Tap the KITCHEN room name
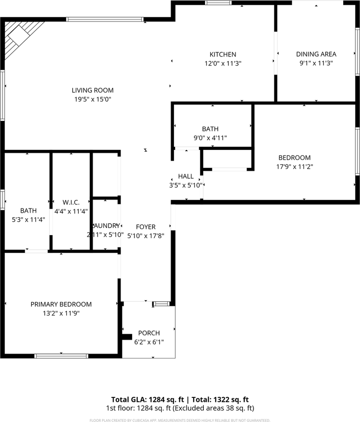[x=223, y=55]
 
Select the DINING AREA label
[x=316, y=54]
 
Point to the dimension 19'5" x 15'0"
[x=92, y=99]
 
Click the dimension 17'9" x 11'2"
[x=294, y=167]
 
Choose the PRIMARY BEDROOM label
[x=61, y=304]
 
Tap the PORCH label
[x=149, y=333]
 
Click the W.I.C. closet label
[x=71, y=202]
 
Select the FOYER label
[x=146, y=227]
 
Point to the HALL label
[x=186, y=176]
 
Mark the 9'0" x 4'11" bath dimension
[x=210, y=138]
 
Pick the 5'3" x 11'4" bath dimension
[x=28, y=219]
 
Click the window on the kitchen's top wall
[x=218, y=3]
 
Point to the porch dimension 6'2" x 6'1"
[x=149, y=342]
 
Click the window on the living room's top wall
[x=105, y=19]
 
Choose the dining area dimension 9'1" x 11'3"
[x=316, y=63]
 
